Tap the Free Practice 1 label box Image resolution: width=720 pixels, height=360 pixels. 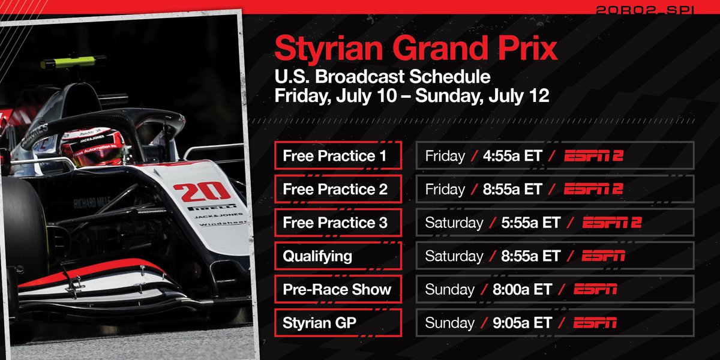(338, 156)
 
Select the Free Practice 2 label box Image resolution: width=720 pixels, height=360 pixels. (338, 190)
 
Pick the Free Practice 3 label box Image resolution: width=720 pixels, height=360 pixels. (338, 223)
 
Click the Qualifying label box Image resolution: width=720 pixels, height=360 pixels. (338, 256)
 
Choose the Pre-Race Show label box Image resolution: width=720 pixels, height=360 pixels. (338, 290)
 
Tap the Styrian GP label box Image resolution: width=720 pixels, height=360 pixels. (338, 323)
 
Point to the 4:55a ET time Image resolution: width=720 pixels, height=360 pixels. (508, 156)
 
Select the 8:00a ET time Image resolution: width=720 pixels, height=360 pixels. (517, 290)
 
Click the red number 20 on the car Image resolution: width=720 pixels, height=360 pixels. (201, 191)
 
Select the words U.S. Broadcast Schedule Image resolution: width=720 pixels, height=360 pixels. (382, 77)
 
